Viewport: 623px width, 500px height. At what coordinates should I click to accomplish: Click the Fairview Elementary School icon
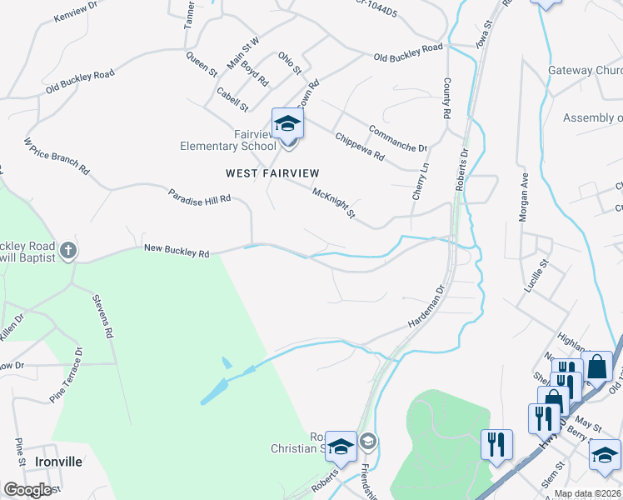click(287, 123)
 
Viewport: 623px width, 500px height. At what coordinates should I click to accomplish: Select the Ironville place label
click(58, 461)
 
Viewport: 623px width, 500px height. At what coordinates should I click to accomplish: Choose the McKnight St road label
click(333, 204)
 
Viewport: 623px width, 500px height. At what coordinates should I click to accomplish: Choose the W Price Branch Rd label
click(56, 157)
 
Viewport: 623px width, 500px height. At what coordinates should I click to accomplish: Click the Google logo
click(28, 490)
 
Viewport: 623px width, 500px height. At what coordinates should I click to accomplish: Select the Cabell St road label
click(232, 99)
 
